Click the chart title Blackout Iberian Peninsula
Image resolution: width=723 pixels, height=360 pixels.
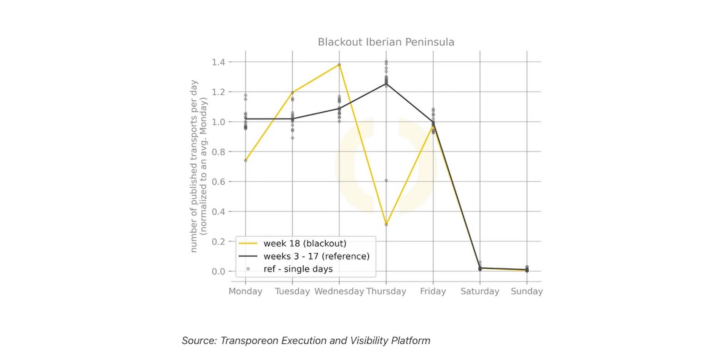coord(386,42)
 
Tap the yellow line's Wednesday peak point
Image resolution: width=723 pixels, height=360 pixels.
coord(339,65)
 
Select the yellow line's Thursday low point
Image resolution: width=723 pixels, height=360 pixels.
coord(386,225)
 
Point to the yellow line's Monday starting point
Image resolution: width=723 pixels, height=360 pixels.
coord(245,160)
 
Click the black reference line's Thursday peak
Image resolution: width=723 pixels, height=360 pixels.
coord(386,84)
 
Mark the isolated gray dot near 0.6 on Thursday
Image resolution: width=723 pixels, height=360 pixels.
coord(386,180)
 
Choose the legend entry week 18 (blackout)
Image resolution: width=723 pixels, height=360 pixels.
coord(304,244)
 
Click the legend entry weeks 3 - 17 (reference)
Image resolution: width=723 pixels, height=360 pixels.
coord(316,256)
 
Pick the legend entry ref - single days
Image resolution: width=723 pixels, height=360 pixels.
coord(298,269)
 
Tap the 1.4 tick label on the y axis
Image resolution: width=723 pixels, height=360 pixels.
coord(218,62)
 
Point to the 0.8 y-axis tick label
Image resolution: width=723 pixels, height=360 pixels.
coord(218,152)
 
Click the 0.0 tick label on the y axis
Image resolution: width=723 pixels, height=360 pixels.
coord(218,272)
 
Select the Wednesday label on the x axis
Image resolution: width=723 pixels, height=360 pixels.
coord(339,292)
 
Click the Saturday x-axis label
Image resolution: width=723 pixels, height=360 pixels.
coord(479,292)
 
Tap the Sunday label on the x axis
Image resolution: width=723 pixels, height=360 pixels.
coord(527,292)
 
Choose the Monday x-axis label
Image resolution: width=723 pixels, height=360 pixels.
coord(245,292)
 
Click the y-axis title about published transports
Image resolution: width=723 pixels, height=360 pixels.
coord(199,166)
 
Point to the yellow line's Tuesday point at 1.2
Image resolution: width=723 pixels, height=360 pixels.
coord(293,92)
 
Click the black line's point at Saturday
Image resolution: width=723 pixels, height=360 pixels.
coord(480,268)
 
